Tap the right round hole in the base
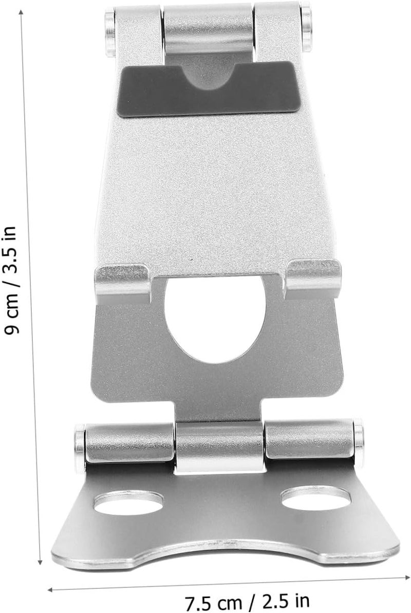[316, 498]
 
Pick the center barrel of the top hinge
[208, 30]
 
